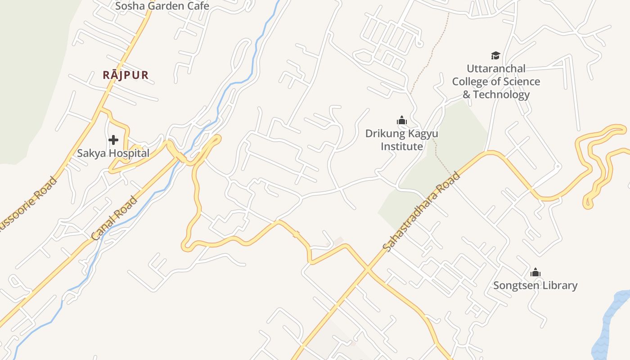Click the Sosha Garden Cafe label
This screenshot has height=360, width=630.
pos(162,6)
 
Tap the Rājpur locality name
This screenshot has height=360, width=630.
pos(126,75)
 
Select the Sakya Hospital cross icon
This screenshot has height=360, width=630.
pos(113,140)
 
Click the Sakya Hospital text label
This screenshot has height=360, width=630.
pos(113,153)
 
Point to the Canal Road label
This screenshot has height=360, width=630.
pos(114,218)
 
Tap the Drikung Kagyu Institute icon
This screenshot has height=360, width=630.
pos(401,120)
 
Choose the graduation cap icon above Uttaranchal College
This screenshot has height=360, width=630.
pos(495,56)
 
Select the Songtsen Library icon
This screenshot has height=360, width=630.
pos(535,272)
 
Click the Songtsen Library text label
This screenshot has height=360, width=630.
pos(535,285)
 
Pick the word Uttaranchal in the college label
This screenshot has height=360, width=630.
pos(496,69)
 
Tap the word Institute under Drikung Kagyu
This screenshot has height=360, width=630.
pos(402,146)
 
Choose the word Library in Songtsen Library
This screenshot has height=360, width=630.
pos(560,285)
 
